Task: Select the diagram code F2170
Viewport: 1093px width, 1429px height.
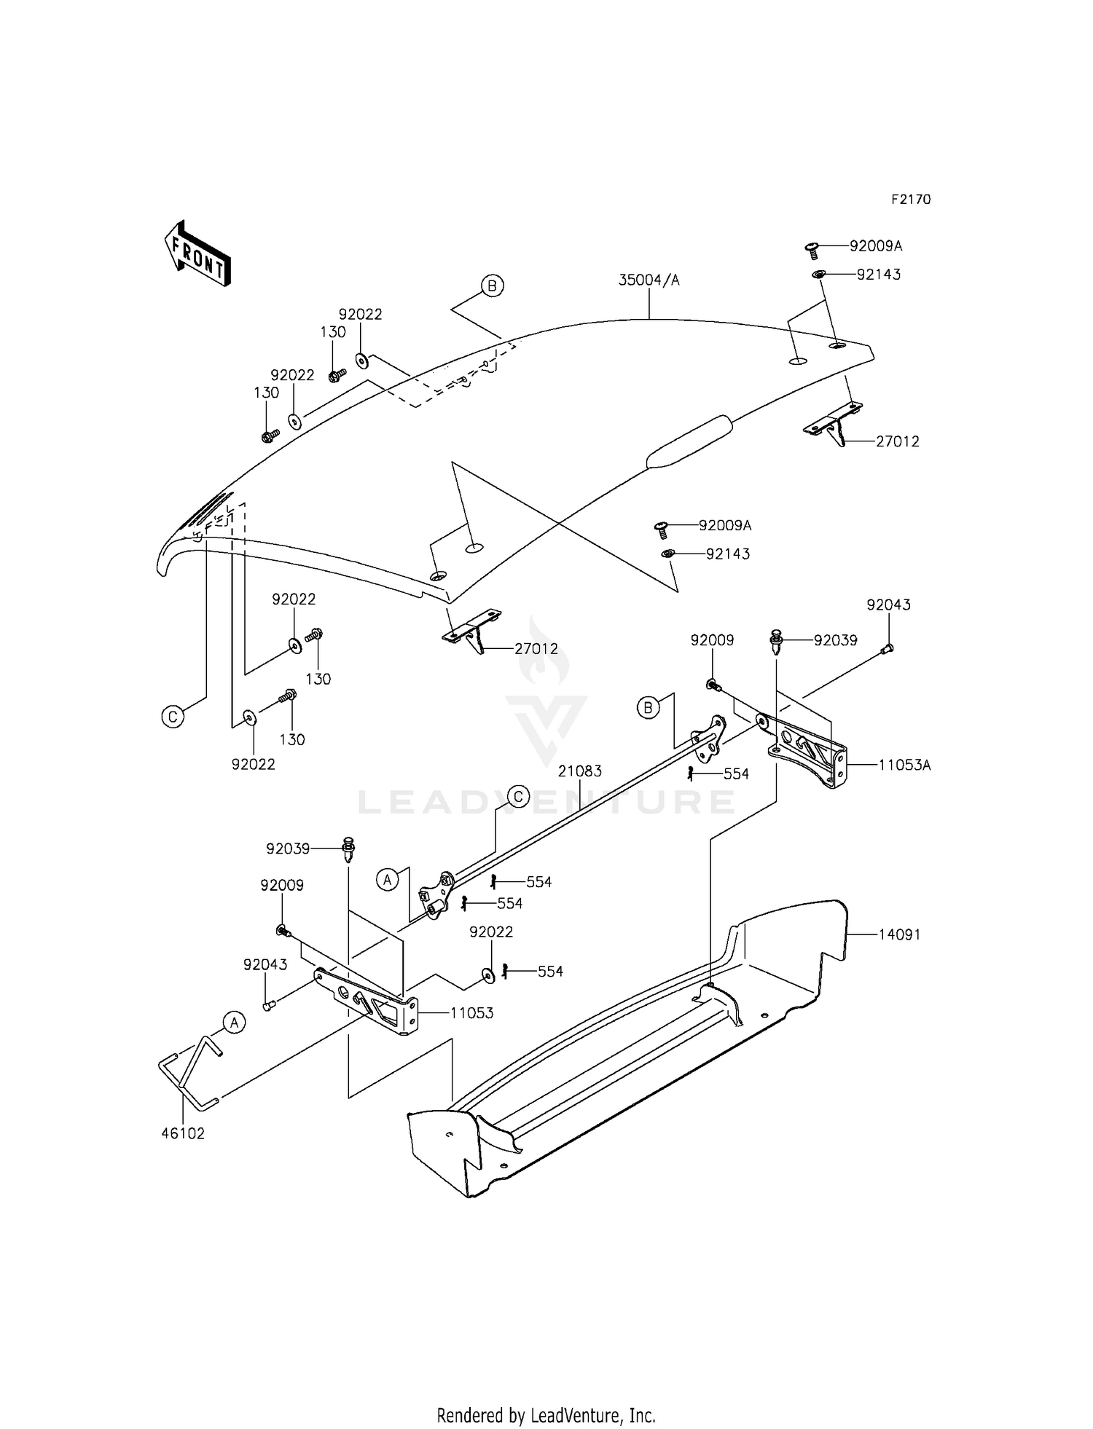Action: coord(910,200)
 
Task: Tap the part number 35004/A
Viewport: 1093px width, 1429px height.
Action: coord(649,280)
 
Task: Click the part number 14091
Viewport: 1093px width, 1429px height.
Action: coord(899,934)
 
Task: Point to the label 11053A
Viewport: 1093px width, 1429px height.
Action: coord(904,765)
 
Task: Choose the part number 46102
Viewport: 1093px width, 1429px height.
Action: coord(183,1133)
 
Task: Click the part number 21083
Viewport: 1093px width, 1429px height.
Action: coord(580,771)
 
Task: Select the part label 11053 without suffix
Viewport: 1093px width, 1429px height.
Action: coord(471,1013)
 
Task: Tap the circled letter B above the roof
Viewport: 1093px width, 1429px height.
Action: coord(492,286)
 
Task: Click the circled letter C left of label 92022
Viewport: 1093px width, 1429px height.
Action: coord(173,717)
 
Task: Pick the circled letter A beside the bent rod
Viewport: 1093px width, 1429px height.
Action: coord(234,1023)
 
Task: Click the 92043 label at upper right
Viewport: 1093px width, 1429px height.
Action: coord(888,605)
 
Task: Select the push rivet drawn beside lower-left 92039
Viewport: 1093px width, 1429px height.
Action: coord(349,849)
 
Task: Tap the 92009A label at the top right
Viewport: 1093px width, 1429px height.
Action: coord(875,246)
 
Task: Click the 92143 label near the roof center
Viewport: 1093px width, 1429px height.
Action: coord(727,554)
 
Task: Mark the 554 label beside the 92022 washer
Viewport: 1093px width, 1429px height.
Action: coord(550,972)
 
